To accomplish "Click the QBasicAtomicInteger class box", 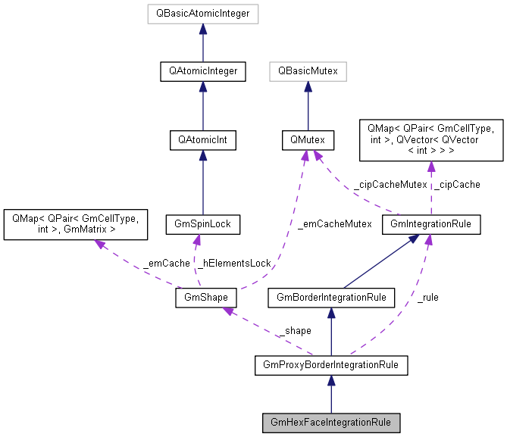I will [203, 13].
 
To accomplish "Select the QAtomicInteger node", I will [203, 72].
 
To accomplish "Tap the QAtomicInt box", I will [203, 140].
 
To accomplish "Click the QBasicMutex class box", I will [308, 72].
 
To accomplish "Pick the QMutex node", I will [308, 140].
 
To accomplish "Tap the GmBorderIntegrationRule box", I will [330, 298].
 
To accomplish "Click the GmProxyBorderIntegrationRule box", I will [330, 366].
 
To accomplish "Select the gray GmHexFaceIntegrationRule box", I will [330, 421].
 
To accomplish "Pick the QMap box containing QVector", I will [431, 140].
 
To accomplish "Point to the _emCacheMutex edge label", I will [334, 223].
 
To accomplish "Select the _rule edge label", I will [427, 297].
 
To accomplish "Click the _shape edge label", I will [294, 331].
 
